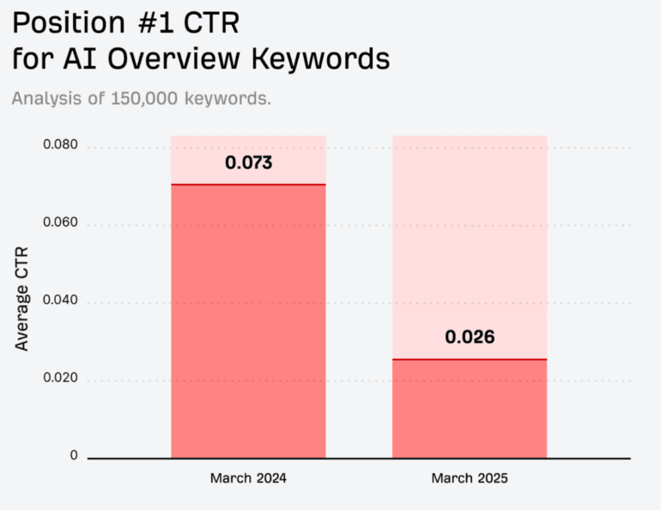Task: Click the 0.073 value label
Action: [248, 162]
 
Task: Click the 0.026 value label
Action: [470, 337]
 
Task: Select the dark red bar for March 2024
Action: [248, 322]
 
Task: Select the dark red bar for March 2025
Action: [470, 409]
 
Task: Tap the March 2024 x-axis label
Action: [248, 478]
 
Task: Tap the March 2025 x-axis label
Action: [470, 478]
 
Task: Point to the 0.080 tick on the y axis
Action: [60, 146]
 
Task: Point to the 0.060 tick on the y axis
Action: [60, 223]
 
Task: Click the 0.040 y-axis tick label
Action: [60, 301]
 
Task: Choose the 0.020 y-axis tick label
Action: [60, 379]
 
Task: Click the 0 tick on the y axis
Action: [74, 456]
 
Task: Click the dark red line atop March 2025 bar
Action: [470, 359]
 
